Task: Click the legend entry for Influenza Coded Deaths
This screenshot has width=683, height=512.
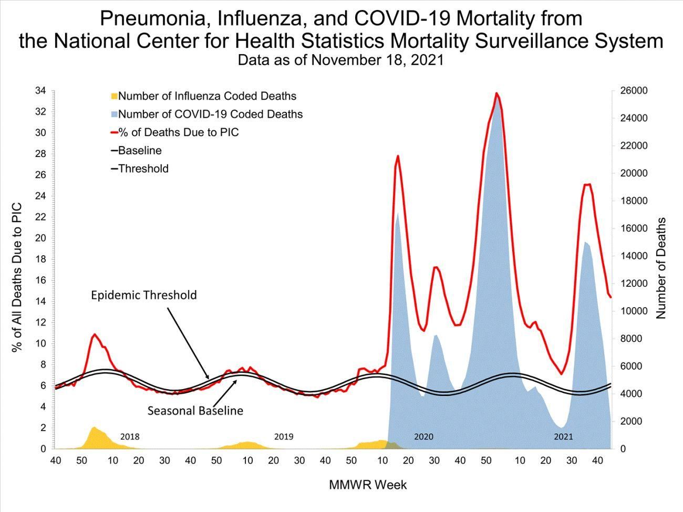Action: coord(207,96)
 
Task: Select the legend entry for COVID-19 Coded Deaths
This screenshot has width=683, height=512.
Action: coord(210,114)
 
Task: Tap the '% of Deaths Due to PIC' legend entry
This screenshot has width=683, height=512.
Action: coord(179,132)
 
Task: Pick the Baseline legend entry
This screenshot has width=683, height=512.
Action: coord(140,151)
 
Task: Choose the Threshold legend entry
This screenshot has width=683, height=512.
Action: coord(143,169)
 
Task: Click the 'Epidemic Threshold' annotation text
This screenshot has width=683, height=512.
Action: coord(143,295)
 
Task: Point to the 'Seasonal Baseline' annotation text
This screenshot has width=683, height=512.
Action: coord(195,411)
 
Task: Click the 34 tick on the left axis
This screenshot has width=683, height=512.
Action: coord(40,90)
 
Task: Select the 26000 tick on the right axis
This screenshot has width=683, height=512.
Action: coord(633,90)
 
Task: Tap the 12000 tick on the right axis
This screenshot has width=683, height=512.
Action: coord(633,284)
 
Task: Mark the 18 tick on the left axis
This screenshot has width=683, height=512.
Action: coord(40,259)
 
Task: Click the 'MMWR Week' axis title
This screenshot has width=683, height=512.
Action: coord(368,485)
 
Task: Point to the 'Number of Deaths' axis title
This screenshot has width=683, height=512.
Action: coord(661,268)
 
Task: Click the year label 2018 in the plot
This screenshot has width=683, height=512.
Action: coord(130,436)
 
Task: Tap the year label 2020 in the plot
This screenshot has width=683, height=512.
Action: coord(423,436)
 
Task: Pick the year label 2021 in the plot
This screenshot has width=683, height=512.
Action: coord(564,436)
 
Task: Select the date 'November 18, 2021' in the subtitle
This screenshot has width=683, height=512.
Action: coord(377,60)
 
